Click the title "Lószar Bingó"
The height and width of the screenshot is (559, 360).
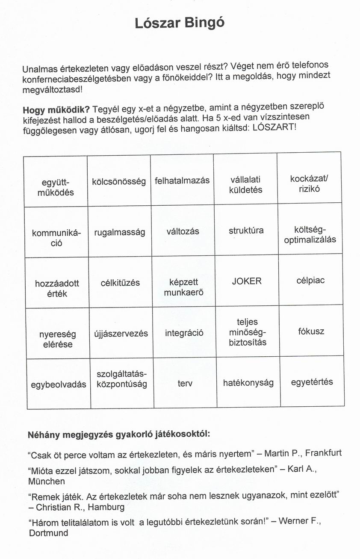pyautogui.click(x=179, y=23)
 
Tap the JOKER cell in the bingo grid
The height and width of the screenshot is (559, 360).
pyautogui.click(x=247, y=281)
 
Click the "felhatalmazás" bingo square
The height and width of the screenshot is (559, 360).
pyautogui.click(x=182, y=180)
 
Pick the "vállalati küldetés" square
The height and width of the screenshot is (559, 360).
pyautogui.click(x=245, y=184)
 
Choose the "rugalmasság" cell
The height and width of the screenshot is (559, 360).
pyautogui.click(x=120, y=232)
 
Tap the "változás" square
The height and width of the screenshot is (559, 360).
pyautogui.click(x=183, y=232)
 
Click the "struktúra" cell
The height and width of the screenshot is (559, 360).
pyautogui.click(x=246, y=231)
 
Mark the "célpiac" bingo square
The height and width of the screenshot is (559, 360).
pyautogui.click(x=310, y=281)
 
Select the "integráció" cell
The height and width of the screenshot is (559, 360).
pyautogui.click(x=184, y=333)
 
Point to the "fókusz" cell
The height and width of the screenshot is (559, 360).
pyautogui.click(x=311, y=331)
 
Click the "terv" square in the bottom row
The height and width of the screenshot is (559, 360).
pyautogui.click(x=185, y=384)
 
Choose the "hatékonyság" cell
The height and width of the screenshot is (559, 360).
pyautogui.click(x=248, y=383)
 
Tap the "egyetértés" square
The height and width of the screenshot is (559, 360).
pyautogui.click(x=312, y=382)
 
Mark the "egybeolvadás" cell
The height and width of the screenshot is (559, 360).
pyautogui.click(x=59, y=384)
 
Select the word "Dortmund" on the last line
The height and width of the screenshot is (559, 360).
pyautogui.click(x=48, y=533)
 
